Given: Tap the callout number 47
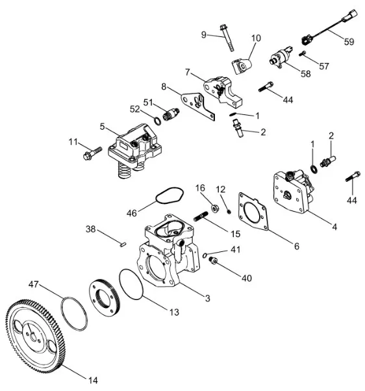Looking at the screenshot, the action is pyautogui.click(x=34, y=284).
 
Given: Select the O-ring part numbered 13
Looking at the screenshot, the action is pyautogui.click(x=132, y=284).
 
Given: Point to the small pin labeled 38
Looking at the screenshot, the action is pyautogui.click(x=123, y=244).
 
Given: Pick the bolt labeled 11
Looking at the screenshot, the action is pyautogui.click(x=92, y=153).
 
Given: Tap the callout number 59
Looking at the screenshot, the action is pyautogui.click(x=349, y=42).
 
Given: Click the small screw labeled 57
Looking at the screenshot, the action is pyautogui.click(x=302, y=53).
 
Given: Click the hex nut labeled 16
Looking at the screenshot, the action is pyautogui.click(x=215, y=208).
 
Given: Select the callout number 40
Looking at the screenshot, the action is pyautogui.click(x=247, y=278).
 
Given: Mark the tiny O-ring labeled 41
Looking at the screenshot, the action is pyautogui.click(x=205, y=255).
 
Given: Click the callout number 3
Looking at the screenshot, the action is pyautogui.click(x=208, y=298).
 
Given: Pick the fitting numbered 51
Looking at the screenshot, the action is pyautogui.click(x=171, y=114).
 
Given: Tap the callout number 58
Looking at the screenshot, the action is pyautogui.click(x=306, y=73).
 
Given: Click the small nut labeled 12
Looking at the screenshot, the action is pyautogui.click(x=229, y=212).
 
